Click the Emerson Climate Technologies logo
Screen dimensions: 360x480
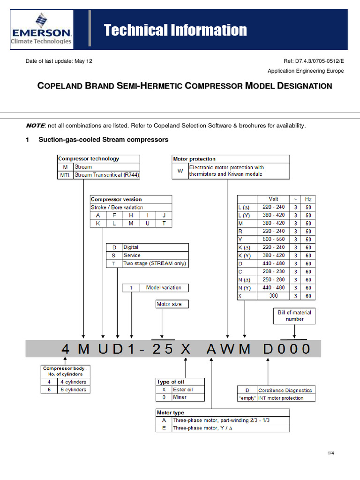pos(41,29)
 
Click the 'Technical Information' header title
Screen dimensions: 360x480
pos(175,30)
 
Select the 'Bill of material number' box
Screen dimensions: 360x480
pos(294,315)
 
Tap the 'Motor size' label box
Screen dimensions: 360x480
pos(169,304)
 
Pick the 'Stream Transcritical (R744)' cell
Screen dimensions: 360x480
pos(107,175)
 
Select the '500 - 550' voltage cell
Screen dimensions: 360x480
pos(273,239)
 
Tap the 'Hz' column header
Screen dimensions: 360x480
pos(308,199)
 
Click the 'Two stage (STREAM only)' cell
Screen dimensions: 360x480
pos(155,263)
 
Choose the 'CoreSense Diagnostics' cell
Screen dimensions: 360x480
pos(285,390)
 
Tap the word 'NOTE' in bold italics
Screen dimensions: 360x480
pos(35,126)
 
